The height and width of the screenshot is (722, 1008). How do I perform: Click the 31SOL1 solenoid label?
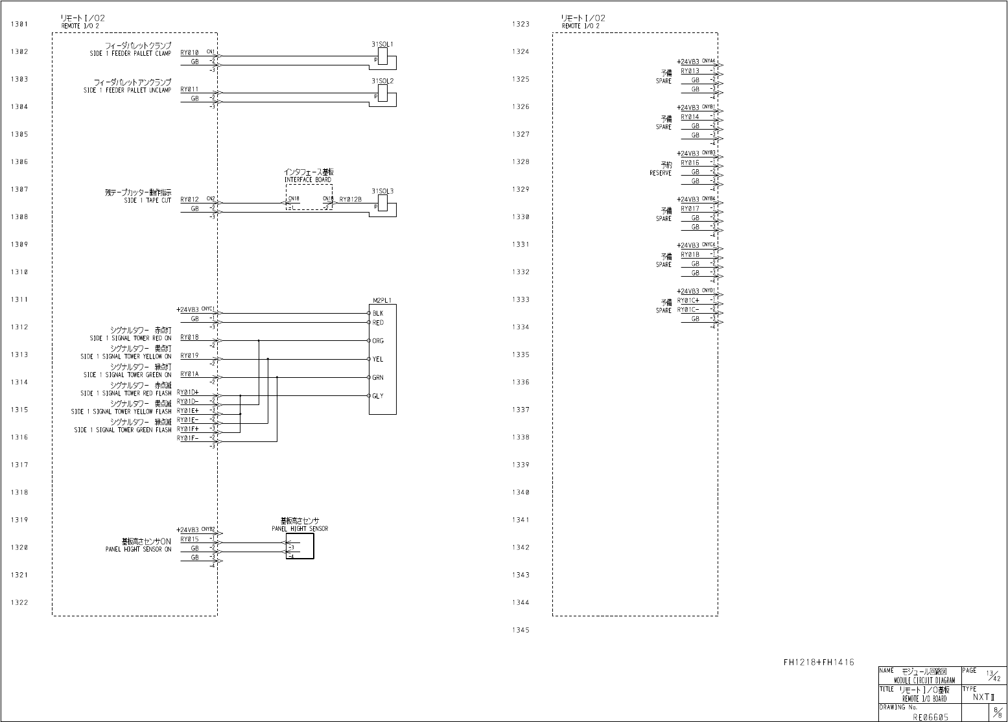(382, 44)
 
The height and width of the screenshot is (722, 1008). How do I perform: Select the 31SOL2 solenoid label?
(382, 81)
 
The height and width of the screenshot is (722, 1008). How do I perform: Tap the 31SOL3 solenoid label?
(382, 191)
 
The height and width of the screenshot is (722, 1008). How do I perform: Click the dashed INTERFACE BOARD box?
(309, 197)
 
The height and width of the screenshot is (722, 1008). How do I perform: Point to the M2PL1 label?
(382, 300)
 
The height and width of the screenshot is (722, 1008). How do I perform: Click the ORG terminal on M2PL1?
(377, 341)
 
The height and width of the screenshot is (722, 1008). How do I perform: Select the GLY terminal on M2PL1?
(377, 396)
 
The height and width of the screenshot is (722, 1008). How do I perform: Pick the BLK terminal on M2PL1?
(377, 314)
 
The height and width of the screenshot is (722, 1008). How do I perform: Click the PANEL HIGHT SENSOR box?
(299, 546)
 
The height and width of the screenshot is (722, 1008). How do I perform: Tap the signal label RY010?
(189, 52)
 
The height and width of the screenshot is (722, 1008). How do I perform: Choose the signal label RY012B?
(350, 200)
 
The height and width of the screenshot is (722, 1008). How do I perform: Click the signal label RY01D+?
(187, 392)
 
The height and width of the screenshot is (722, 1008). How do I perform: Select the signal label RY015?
(189, 539)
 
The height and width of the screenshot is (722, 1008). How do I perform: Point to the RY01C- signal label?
(688, 310)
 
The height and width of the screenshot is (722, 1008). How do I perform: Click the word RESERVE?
(661, 173)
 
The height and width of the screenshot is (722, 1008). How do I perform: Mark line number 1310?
(19, 272)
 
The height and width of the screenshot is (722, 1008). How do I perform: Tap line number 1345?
(521, 630)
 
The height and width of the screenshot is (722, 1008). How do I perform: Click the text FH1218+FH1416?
(818, 662)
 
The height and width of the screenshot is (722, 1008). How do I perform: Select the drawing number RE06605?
(930, 717)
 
